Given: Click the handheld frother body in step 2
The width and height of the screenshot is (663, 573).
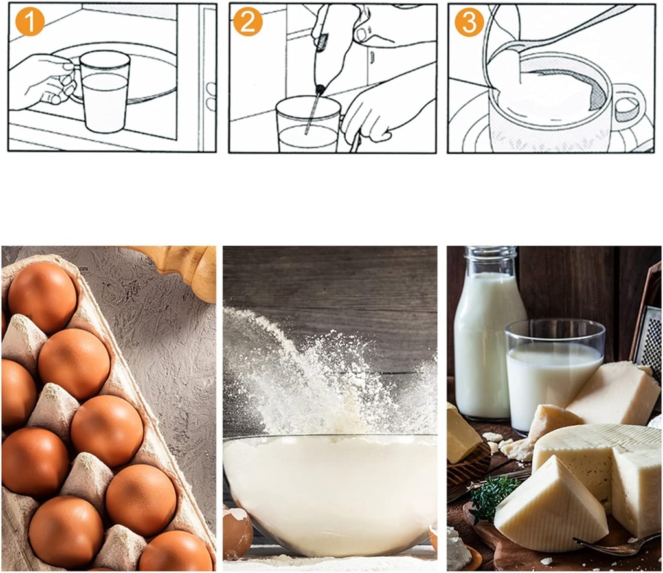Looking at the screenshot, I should coord(327,52).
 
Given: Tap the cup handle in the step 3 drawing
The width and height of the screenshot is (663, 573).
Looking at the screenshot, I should coord(628,104).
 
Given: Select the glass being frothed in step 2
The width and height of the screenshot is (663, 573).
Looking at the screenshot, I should coord(307,126).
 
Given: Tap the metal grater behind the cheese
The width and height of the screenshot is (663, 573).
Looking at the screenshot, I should coord(649,337).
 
